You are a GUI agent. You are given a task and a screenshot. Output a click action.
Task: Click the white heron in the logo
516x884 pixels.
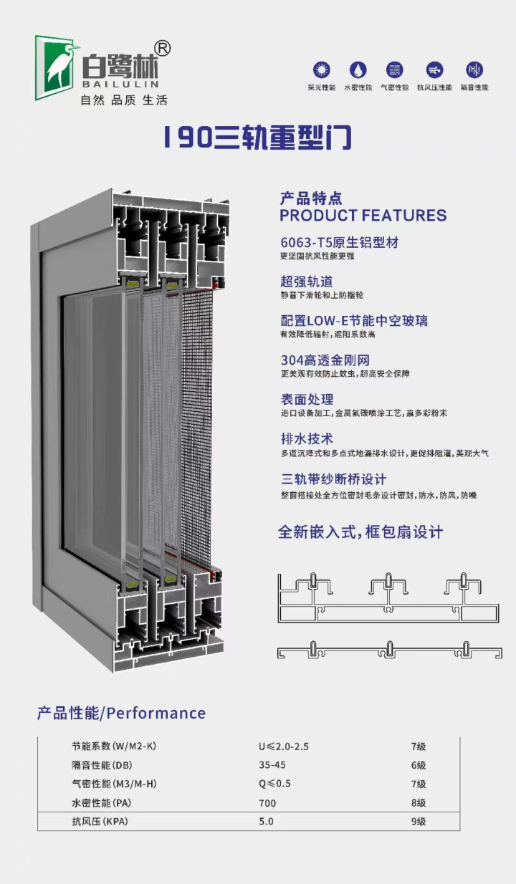pos(60,67)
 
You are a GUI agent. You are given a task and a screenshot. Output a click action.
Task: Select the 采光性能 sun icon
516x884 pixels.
pos(321,70)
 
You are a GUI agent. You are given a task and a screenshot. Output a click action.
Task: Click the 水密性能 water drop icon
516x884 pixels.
pos(358,70)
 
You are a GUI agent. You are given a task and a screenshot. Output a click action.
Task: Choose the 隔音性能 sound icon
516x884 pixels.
pos(474,70)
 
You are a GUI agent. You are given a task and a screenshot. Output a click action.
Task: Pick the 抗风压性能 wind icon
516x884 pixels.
pos(434,70)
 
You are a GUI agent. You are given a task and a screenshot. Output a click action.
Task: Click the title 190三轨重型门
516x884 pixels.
pos(257,138)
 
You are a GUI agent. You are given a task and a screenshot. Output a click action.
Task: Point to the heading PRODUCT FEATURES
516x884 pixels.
pos(363,216)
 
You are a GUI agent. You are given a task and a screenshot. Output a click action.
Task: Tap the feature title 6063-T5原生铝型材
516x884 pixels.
pos(340,242)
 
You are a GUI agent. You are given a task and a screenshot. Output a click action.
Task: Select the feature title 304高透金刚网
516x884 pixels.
pos(325,360)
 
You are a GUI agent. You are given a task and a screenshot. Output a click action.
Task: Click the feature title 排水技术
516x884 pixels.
pos(307,438)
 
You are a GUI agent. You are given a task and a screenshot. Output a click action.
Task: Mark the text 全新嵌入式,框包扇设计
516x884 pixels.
pos(360,532)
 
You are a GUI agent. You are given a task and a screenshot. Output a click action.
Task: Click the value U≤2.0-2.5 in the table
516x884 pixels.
pos(284,746)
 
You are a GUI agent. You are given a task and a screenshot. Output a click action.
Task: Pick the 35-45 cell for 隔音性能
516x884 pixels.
pos(272,765)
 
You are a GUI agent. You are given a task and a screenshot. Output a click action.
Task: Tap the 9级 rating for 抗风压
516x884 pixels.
pos(419,821)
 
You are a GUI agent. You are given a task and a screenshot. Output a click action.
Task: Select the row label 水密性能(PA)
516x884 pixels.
pos(102,803)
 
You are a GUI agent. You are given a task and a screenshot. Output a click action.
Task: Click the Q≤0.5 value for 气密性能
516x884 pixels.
pos(274,784)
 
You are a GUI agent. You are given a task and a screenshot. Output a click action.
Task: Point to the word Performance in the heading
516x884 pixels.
pos(156,713)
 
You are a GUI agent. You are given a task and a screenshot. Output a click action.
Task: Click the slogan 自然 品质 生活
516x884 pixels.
pos(123,100)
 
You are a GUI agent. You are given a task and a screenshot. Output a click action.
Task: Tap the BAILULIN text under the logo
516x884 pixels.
pos(120,84)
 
